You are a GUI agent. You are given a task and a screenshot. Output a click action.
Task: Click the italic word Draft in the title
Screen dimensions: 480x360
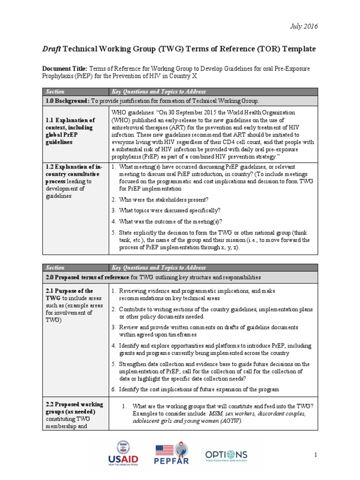[52, 49]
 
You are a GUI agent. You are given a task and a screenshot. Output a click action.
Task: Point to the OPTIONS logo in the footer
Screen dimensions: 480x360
[226, 456]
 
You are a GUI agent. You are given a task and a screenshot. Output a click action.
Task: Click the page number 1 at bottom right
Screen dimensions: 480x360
[316, 455]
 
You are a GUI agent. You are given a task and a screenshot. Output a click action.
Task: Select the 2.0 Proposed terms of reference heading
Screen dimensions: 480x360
[87, 277]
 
